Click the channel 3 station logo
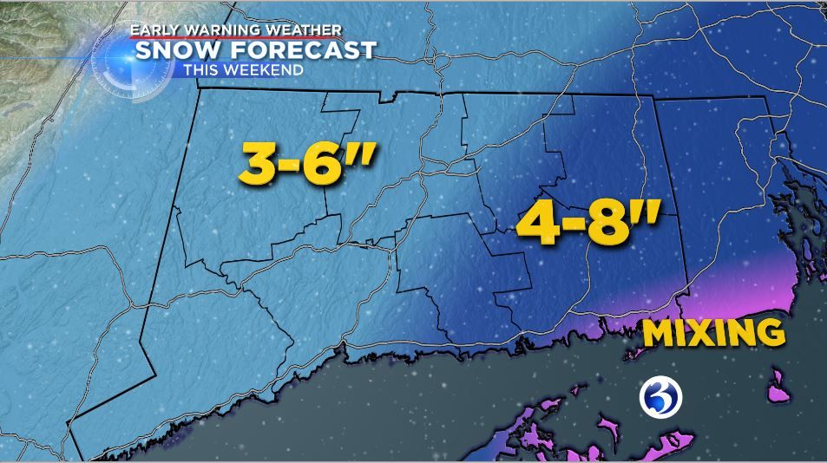pos(661,398)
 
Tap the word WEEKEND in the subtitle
pos(264,69)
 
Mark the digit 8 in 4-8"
pos(607,224)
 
